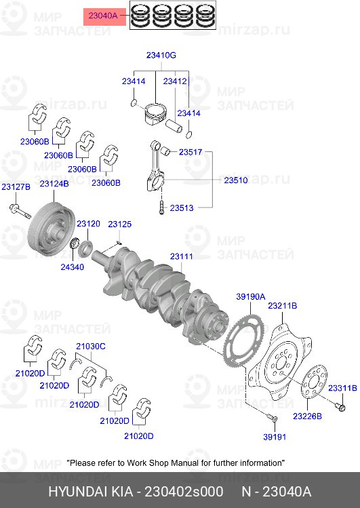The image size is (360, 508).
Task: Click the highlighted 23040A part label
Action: coord(102,15)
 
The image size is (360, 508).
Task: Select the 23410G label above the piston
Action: coord(161,56)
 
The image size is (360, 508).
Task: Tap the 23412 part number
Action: coord(175,81)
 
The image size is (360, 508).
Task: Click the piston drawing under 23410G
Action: coord(155,115)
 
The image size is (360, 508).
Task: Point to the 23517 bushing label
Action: coord(191,152)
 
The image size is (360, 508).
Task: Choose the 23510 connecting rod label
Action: coord(236,180)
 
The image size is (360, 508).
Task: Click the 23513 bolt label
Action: coord(182,208)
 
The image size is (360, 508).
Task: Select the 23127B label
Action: coord(16,187)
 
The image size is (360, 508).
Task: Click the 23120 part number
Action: coord(88,224)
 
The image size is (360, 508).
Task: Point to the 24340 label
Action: coord(72,267)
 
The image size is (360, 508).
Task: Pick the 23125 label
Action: coord(120,224)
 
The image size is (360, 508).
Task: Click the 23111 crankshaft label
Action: coord(182,256)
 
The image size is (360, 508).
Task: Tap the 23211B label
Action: coord(282,305)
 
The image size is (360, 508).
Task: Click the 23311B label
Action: coord(342,388)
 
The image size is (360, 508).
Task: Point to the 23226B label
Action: coord(308,416)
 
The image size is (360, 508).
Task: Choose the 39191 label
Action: coord(275,437)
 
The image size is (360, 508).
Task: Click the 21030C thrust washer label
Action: coord(91,347)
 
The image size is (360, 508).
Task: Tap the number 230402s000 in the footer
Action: coord(184,492)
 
